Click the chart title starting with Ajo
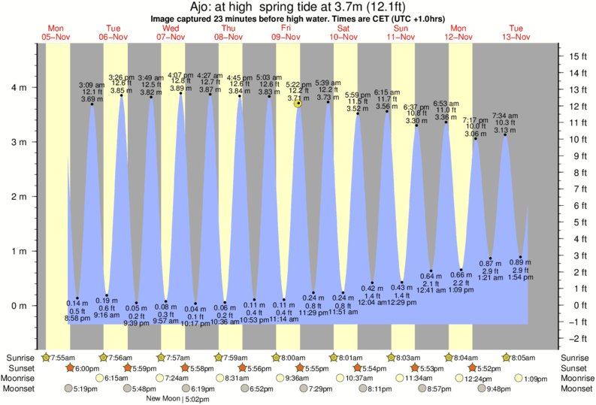click(298, 7)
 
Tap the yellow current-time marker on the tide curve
click(298, 104)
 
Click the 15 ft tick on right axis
click(576, 56)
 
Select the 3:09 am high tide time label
click(92, 85)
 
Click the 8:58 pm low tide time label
click(77, 319)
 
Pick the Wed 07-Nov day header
click(172, 31)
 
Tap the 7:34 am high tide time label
click(506, 116)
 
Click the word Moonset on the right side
click(576, 389)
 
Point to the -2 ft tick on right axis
click(576, 338)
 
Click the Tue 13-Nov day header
click(516, 31)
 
